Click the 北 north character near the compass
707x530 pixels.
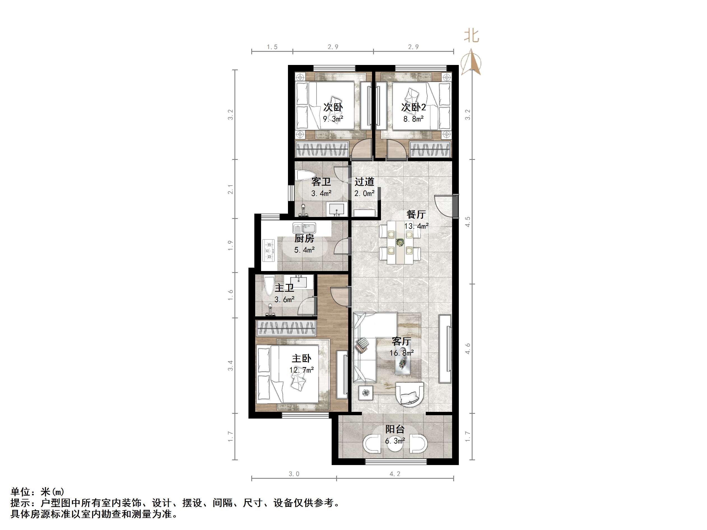tap(471, 36)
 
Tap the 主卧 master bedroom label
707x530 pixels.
tap(301, 358)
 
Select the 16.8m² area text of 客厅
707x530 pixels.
tap(401, 353)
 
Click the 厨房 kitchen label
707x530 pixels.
tap(304, 238)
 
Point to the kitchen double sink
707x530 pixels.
tap(304, 228)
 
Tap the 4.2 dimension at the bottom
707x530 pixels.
tap(395, 474)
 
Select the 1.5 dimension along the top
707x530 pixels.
tap(272, 47)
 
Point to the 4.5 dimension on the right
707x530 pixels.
tap(468, 221)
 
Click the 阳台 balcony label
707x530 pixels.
tap(395, 429)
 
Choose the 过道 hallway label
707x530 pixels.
tap(364, 182)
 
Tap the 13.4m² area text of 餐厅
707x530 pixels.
tap(416, 226)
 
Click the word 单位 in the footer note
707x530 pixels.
tap(20, 492)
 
